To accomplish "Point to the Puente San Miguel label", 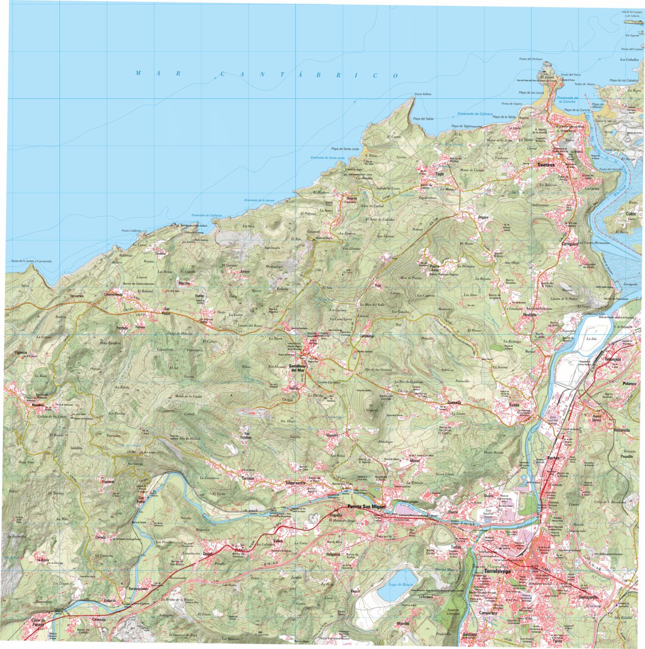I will point(363,507).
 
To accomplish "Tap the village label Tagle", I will point(439,174).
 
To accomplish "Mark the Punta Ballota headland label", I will point(423,94).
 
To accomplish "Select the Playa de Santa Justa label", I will point(344,149).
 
